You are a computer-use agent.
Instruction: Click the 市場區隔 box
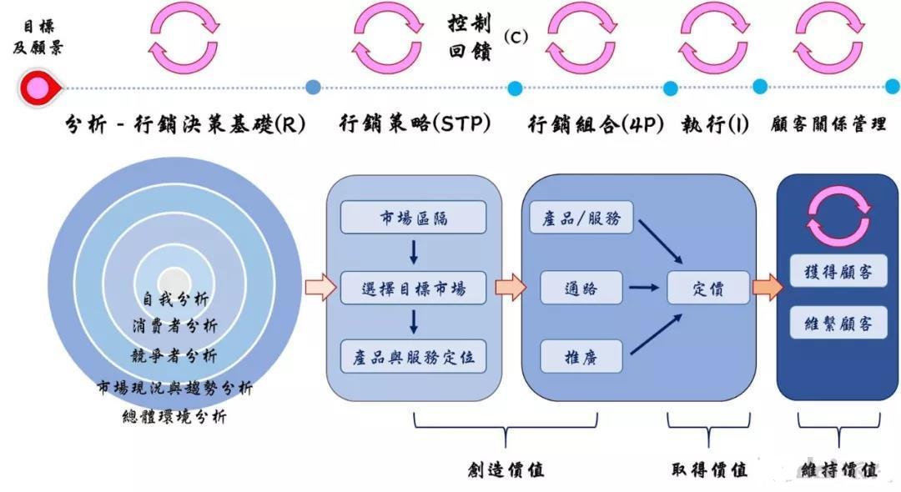click(x=413, y=218)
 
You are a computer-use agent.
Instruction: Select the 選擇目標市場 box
click(x=413, y=288)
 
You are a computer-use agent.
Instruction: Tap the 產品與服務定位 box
click(x=413, y=356)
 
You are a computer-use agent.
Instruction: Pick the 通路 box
click(x=581, y=288)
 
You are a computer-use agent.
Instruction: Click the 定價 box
click(x=708, y=288)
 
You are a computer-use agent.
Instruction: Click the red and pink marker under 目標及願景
click(x=38, y=87)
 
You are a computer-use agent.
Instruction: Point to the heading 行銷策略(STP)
click(x=415, y=124)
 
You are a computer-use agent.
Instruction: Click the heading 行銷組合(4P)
click(x=596, y=124)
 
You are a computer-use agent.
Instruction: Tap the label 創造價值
click(x=506, y=469)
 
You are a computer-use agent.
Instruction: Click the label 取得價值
click(x=709, y=469)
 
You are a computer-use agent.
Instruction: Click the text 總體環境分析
click(x=174, y=416)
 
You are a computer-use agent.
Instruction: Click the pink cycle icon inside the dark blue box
click(x=838, y=214)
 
